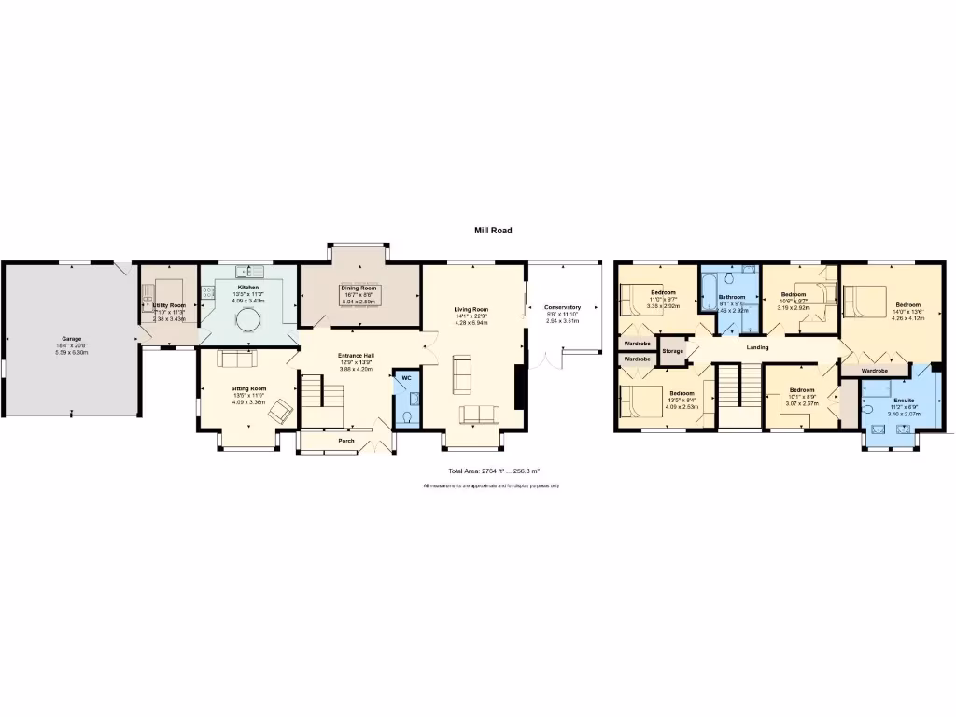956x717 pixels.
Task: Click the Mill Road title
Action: (x=493, y=230)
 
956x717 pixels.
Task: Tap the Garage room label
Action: (x=71, y=338)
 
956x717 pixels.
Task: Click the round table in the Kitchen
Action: (x=248, y=320)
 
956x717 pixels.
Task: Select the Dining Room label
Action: (x=358, y=288)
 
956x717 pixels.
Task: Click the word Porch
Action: (x=346, y=440)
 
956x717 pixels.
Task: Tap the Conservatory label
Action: (x=562, y=307)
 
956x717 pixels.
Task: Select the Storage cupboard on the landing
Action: (x=672, y=351)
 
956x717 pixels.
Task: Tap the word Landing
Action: (x=757, y=348)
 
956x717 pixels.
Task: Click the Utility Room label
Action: (x=169, y=305)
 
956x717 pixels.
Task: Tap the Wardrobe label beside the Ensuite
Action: (x=875, y=371)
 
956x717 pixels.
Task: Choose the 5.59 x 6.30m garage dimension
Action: (x=71, y=352)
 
